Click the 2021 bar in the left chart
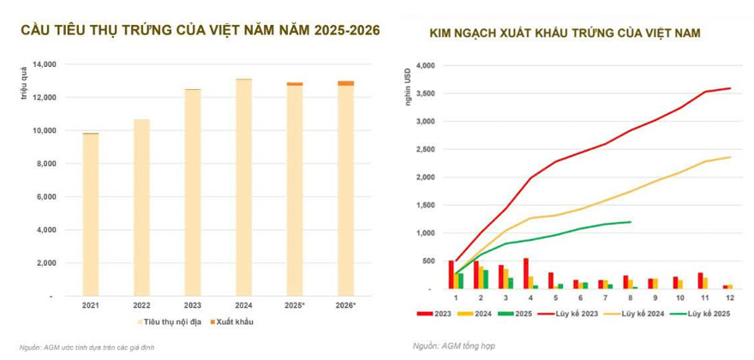click(90, 214)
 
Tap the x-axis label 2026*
click(345, 304)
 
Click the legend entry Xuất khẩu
click(232, 322)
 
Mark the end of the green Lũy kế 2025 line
click(631, 222)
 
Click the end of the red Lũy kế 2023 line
click(730, 88)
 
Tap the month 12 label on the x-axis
click(730, 297)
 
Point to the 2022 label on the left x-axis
click(141, 304)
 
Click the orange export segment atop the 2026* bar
click(345, 83)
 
